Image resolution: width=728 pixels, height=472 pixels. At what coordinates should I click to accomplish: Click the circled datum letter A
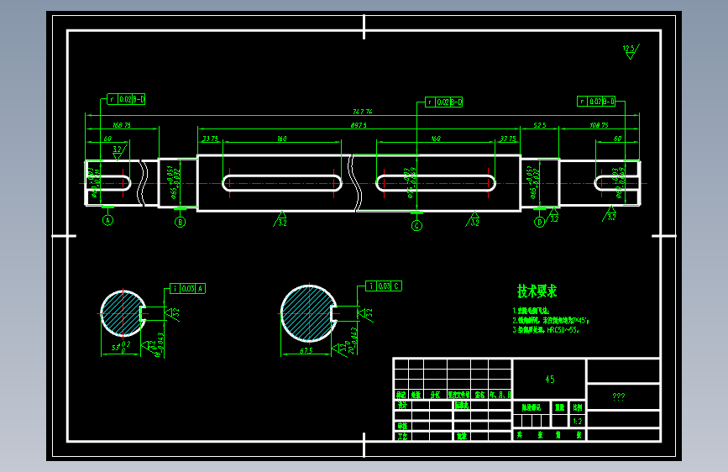[107, 221]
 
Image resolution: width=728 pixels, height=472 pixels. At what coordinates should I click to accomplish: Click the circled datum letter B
[180, 222]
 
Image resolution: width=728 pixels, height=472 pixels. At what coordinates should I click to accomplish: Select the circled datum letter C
[416, 225]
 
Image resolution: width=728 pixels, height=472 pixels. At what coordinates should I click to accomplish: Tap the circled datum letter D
[540, 222]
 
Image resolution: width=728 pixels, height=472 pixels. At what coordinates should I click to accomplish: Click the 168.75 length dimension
[122, 124]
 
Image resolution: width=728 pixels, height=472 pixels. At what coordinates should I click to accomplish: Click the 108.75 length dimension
[600, 124]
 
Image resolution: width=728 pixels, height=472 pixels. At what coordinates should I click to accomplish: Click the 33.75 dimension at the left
[210, 139]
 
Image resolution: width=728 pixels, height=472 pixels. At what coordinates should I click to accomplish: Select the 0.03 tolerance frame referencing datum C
[384, 286]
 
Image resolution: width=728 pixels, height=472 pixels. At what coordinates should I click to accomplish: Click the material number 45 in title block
[549, 380]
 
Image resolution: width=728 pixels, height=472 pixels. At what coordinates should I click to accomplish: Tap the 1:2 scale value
[577, 421]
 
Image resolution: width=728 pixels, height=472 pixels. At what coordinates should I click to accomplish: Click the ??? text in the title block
[619, 396]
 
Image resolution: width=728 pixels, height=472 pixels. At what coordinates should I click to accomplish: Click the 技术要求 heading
[537, 291]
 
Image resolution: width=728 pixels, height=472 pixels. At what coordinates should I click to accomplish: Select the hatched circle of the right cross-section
[306, 312]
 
